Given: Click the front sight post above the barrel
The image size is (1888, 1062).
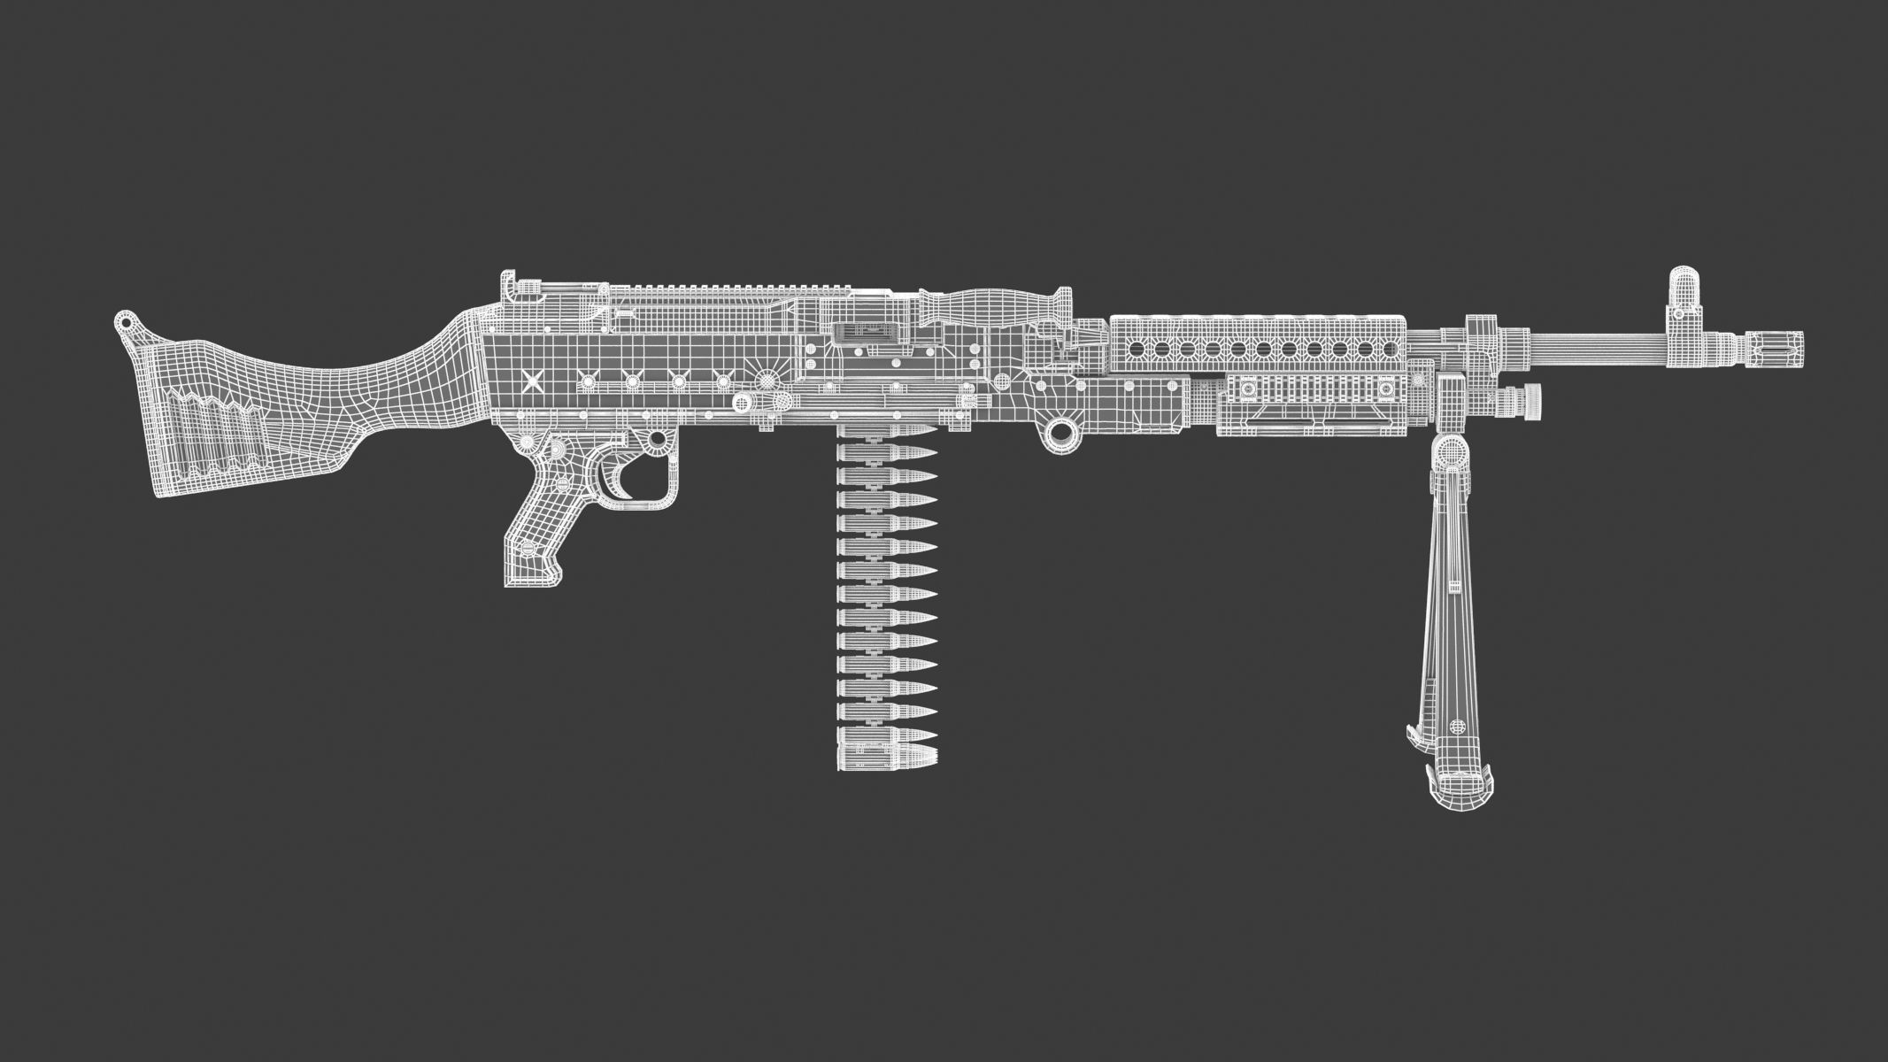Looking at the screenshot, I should [x=1679, y=292].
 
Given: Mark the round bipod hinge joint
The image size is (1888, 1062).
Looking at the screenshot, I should [x=1452, y=456].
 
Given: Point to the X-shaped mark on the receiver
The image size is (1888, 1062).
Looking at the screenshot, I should [x=532, y=382].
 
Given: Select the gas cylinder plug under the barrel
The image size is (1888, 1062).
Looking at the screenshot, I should [x=1524, y=401].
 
